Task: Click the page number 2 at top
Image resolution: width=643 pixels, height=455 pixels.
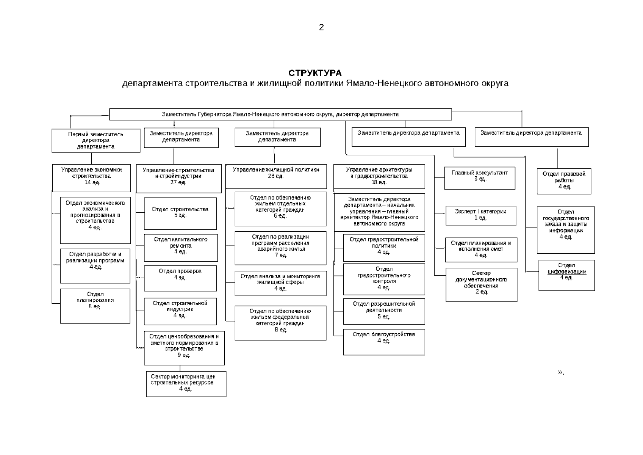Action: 321,27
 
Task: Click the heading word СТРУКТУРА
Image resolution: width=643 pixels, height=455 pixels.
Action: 315,73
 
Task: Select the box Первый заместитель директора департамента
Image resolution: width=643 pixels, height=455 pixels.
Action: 96,140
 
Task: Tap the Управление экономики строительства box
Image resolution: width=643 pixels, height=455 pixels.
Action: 91,178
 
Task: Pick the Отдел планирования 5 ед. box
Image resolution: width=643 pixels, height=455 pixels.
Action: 95,306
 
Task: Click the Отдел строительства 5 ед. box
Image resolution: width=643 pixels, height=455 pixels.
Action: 180,213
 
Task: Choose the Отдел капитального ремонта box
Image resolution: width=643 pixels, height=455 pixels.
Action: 181,248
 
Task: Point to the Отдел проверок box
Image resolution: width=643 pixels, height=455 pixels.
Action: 180,278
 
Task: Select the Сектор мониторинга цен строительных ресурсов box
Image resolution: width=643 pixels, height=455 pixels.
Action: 186,384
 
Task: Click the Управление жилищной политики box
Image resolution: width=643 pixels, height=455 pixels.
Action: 276,176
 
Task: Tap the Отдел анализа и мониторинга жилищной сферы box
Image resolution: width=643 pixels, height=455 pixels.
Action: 281,284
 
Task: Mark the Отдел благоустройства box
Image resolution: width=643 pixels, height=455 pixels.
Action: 384,342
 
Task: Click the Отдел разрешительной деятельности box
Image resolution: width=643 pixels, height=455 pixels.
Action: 384,311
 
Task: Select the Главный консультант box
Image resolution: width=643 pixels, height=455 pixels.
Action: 480,178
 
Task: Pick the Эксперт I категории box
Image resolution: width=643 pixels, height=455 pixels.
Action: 481,215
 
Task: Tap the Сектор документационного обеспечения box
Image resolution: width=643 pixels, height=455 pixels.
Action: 481,285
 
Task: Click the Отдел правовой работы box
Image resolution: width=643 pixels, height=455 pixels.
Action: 564,181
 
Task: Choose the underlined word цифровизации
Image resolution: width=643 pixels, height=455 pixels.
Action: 566,272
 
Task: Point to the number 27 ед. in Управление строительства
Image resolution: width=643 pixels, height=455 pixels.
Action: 178,182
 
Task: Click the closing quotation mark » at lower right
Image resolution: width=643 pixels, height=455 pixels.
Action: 561,373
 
